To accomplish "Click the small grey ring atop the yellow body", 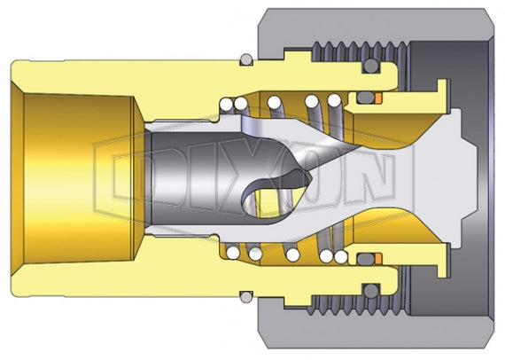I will point(245,59).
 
